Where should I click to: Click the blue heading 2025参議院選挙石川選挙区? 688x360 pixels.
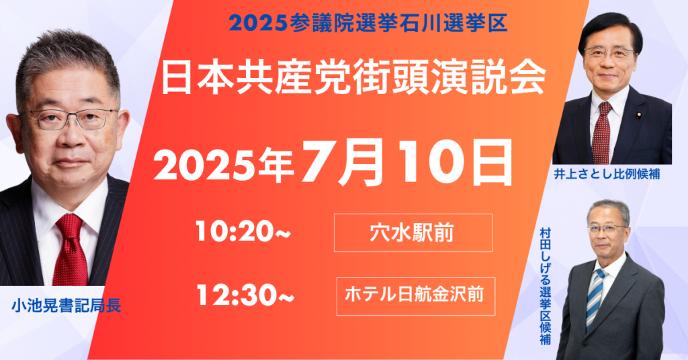click(368, 24)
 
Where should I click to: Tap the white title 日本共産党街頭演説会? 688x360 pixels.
click(353, 79)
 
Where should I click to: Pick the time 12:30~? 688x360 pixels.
click(245, 295)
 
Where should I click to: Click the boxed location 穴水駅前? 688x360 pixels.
click(413, 233)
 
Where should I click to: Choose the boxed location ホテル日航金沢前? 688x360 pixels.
click(415, 296)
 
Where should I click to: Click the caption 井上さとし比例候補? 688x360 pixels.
click(607, 174)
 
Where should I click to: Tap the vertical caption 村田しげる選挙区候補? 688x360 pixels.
click(546, 286)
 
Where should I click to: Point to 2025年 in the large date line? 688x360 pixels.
click(224, 166)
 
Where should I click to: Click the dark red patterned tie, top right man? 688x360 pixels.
click(602, 134)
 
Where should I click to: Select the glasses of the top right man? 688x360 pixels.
click(609, 54)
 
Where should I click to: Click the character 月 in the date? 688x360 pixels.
click(360, 161)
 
